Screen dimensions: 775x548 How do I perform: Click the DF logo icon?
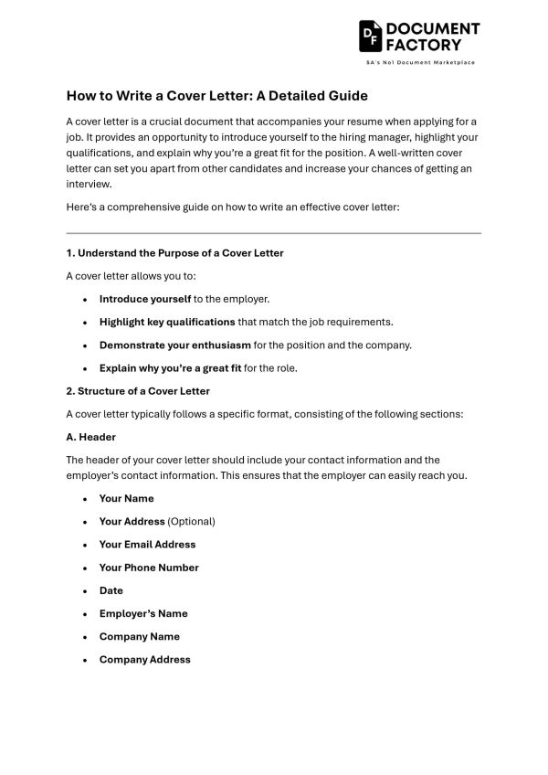tap(371, 36)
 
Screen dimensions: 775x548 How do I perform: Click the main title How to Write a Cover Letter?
tap(216, 95)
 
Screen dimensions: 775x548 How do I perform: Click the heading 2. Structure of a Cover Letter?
tap(138, 390)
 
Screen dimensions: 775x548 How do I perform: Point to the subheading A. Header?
tap(90, 437)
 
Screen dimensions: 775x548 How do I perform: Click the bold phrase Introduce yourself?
tap(144, 299)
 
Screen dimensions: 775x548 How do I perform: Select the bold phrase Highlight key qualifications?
tap(167, 322)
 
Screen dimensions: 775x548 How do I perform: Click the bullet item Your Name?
tap(126, 498)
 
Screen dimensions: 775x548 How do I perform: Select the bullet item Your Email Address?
tap(147, 544)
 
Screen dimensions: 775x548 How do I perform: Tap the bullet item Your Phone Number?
tap(149, 568)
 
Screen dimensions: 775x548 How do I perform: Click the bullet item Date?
tap(111, 590)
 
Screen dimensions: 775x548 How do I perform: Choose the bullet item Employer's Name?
tap(143, 613)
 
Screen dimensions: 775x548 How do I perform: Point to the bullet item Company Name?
tap(139, 636)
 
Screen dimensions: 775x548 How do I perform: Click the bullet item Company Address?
tap(144, 659)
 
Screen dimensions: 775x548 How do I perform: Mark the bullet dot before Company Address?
tap(85, 660)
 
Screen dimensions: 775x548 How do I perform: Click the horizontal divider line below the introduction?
tap(273, 233)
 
